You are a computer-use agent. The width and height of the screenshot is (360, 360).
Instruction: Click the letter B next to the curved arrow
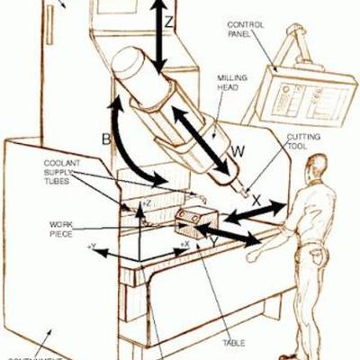tap(106, 140)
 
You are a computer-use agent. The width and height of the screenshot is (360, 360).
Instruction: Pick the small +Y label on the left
tap(91, 245)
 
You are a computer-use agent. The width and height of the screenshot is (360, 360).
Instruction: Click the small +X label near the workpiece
tap(184, 244)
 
